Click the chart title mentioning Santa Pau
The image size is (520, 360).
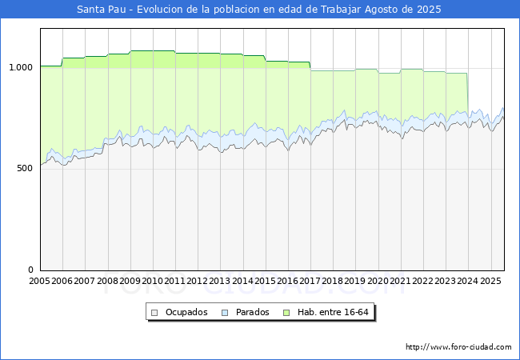[x=259, y=10]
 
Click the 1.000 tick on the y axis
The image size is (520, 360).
[x=21, y=67]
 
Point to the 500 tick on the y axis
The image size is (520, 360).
[x=25, y=168]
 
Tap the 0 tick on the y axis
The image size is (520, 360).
[x=30, y=270]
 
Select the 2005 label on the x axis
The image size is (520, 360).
[x=39, y=281]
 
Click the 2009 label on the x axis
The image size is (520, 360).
[x=130, y=281]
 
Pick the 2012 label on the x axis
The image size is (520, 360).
[x=198, y=281]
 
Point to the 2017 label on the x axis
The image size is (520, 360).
[x=310, y=281]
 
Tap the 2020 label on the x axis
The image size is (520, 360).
[x=378, y=281]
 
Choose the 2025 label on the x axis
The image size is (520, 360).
[x=490, y=281]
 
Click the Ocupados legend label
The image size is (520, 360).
[x=186, y=312]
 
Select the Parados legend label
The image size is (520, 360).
[x=252, y=312]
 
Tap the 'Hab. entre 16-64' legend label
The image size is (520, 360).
[x=333, y=312]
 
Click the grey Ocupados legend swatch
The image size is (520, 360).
[x=154, y=313]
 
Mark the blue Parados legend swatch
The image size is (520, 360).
[x=225, y=313]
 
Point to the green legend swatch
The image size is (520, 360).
[x=286, y=313]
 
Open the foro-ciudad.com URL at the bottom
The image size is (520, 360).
[x=458, y=347]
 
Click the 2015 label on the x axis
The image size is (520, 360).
[x=265, y=281]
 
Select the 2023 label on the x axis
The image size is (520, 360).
[x=445, y=281]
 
